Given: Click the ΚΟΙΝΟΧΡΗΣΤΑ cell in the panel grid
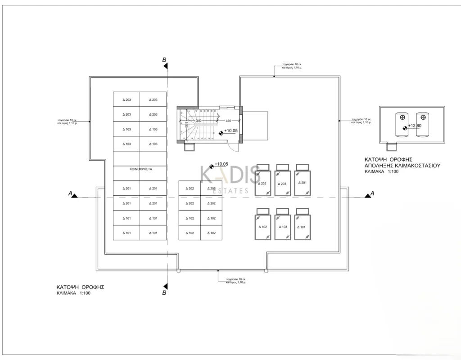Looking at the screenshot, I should pyautogui.click(x=140, y=170).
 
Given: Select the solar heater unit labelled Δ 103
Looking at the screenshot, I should pyautogui.click(x=282, y=226).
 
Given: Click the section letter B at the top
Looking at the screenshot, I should pyautogui.click(x=165, y=60).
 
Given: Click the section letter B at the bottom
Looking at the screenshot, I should pyautogui.click(x=165, y=293).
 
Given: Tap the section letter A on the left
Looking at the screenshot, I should pyautogui.click(x=70, y=193).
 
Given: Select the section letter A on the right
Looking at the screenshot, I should pyautogui.click(x=372, y=193).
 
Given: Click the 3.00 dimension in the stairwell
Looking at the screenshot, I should pyautogui.click(x=198, y=121).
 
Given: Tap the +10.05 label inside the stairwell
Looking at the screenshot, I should pyautogui.click(x=230, y=130).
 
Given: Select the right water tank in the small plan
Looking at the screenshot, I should pyautogui.click(x=422, y=125).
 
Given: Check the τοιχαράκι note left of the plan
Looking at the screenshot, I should pyautogui.click(x=67, y=121).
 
